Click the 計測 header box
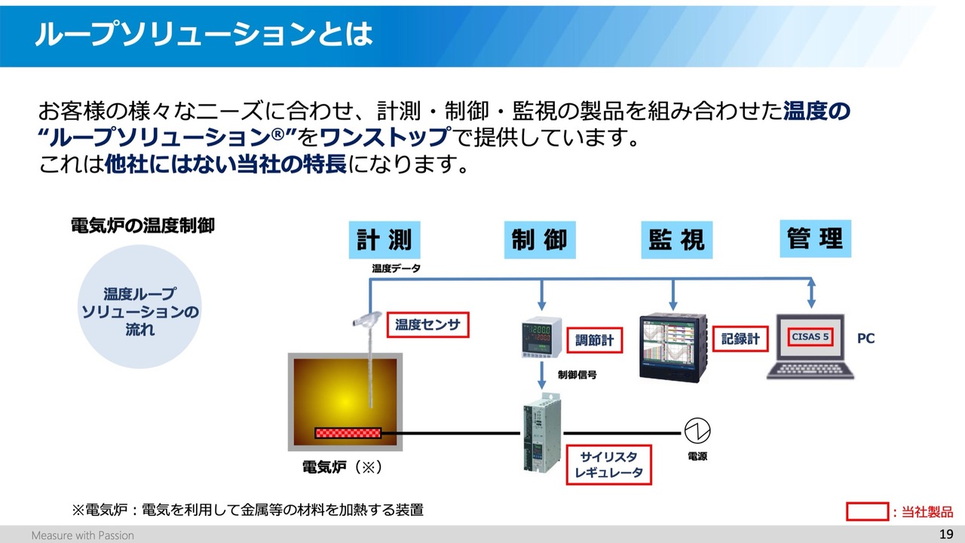[384, 240]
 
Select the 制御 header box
[540, 240]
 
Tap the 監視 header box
[677, 240]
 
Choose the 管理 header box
[816, 238]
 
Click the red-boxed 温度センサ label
[427, 324]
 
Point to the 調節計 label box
[595, 340]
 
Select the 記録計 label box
[740, 339]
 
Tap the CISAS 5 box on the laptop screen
[810, 336]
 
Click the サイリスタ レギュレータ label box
[608, 465]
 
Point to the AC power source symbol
[697, 431]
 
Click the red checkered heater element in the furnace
[348, 433]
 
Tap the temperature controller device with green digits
[541, 337]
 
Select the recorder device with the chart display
[673, 348]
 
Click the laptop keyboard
[810, 370]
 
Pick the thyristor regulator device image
[542, 432]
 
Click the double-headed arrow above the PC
[811, 293]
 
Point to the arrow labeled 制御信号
[542, 376]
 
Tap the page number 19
[946, 535]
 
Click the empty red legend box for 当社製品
[867, 511]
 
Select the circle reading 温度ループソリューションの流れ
[139, 307]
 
